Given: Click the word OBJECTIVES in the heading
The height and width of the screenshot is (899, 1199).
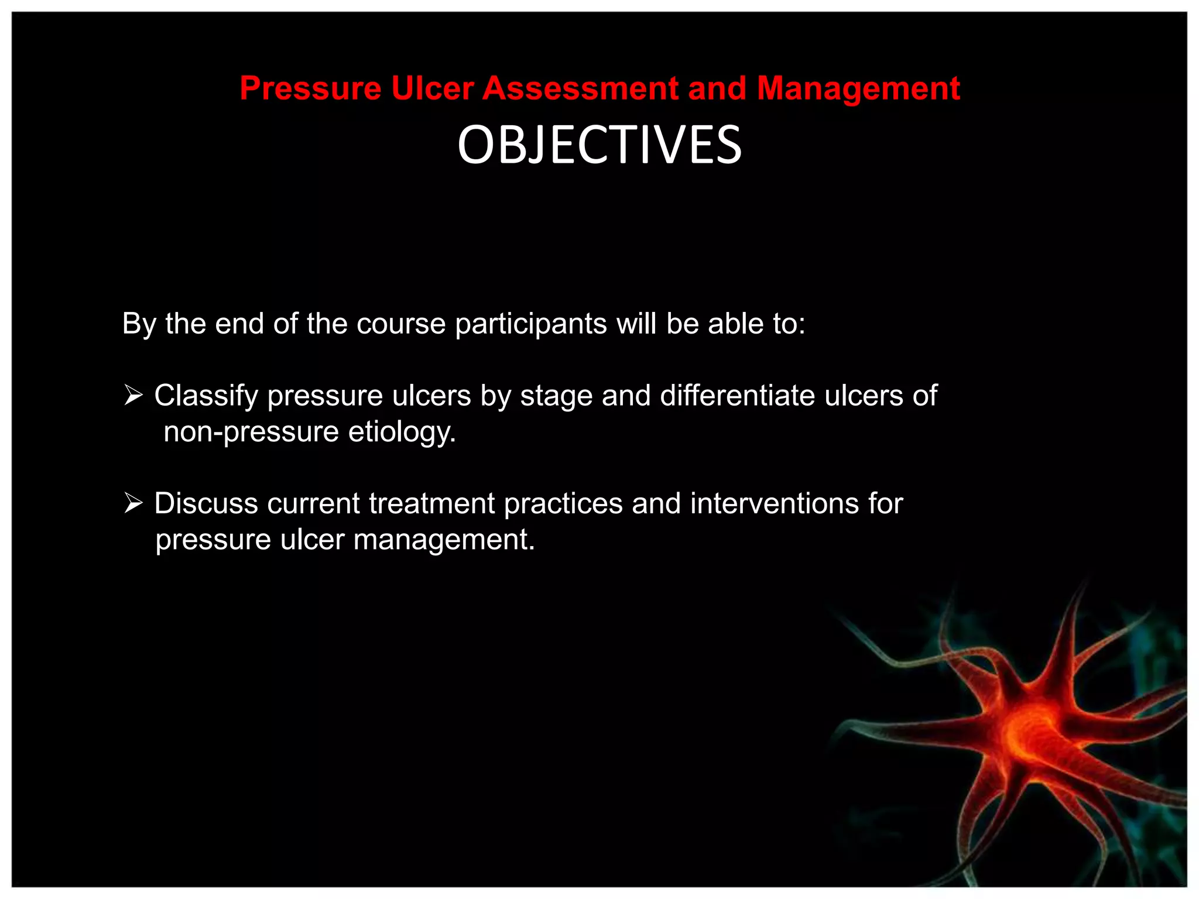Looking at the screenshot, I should click(599, 145).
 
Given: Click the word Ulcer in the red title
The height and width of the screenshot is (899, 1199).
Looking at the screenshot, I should click(432, 88).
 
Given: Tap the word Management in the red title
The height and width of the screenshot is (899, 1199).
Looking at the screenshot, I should click(858, 88).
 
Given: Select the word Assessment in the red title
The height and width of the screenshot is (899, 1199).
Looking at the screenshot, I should click(580, 88).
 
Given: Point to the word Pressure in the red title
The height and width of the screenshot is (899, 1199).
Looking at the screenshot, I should click(310, 88).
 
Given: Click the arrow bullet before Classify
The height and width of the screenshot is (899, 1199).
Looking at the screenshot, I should click(133, 396).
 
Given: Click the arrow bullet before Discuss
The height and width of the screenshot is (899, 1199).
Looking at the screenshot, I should click(133, 503).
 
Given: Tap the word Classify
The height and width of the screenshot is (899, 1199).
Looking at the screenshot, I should click(206, 396).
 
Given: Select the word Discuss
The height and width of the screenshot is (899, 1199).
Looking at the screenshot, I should click(206, 503).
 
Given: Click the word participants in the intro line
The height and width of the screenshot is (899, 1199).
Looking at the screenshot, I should click(531, 324).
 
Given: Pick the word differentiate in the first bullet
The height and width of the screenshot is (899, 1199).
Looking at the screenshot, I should click(738, 396).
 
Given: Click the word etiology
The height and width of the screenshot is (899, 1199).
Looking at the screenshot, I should click(402, 433).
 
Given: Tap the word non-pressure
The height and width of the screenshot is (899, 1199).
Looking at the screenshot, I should click(251, 433).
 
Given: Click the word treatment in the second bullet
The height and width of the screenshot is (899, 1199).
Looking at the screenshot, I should click(432, 503).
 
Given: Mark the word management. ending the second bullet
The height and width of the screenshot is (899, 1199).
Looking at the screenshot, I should click(444, 540).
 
